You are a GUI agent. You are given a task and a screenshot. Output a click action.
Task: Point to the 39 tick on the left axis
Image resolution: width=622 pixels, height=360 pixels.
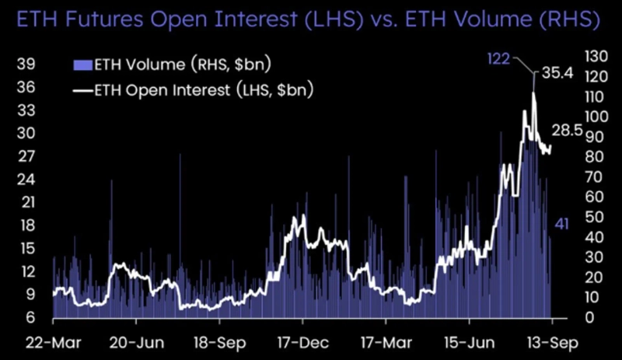pyautogui.click(x=25, y=64)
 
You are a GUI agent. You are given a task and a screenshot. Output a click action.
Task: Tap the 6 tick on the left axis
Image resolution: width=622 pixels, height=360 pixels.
pyautogui.click(x=29, y=318)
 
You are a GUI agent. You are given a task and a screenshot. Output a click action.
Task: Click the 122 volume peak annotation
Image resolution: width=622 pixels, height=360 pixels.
pyautogui.click(x=498, y=58)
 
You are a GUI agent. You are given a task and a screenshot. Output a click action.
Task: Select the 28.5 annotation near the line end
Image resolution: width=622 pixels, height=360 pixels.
pyautogui.click(x=567, y=130)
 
